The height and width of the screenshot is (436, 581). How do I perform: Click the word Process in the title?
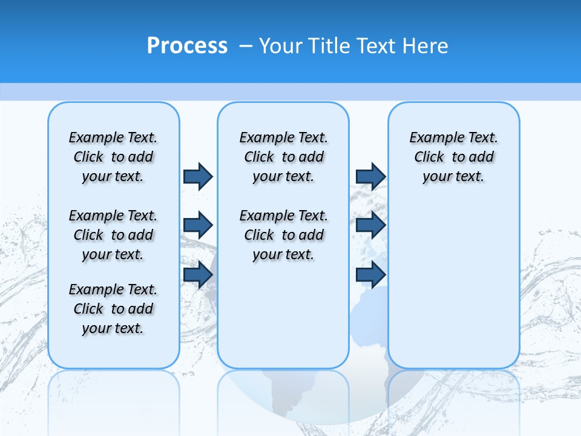click(x=187, y=45)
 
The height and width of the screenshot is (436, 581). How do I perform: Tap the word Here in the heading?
click(x=427, y=45)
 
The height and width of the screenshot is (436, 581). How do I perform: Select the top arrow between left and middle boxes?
click(x=198, y=176)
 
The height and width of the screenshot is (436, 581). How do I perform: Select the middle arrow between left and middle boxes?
click(x=198, y=225)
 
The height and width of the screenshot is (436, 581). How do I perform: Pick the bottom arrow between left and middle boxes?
click(x=198, y=274)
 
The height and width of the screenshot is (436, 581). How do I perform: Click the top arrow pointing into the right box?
click(x=370, y=176)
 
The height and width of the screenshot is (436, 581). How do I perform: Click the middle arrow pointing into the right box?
click(x=370, y=225)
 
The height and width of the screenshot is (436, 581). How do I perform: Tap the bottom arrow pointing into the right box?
click(x=370, y=274)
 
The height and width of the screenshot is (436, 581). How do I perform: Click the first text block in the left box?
click(x=113, y=157)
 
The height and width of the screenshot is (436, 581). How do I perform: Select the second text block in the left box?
click(x=113, y=235)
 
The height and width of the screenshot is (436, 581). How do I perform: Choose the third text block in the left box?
click(x=113, y=309)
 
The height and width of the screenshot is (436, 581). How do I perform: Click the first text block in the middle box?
click(x=283, y=157)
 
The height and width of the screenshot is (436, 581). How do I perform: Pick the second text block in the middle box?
click(x=283, y=235)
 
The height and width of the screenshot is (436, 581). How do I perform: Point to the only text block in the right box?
click(x=453, y=157)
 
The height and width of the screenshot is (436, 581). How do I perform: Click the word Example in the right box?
click(x=431, y=137)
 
